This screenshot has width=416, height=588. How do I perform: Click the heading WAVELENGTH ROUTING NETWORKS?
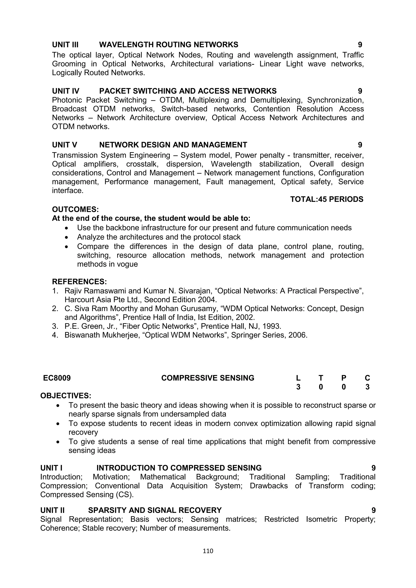click(x=169, y=45)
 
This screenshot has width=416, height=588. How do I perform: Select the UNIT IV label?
click(x=66, y=91)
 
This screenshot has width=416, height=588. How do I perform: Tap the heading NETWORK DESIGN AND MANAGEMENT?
click(x=173, y=145)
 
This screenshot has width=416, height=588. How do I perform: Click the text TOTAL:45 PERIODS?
click(x=327, y=199)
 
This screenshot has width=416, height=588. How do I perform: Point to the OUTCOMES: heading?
click(x=75, y=210)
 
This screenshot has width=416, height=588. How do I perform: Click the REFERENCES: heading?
click(x=79, y=282)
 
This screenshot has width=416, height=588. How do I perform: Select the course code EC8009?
click(x=57, y=378)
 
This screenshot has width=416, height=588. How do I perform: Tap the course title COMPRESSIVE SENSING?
click(x=208, y=378)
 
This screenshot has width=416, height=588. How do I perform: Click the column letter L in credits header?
click(x=298, y=378)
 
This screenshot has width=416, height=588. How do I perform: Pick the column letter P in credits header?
click(x=344, y=378)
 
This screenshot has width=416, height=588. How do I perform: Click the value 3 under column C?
click(x=367, y=387)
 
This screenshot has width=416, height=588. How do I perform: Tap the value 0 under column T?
click(x=321, y=387)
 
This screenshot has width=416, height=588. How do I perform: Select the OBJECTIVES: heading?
click(x=66, y=396)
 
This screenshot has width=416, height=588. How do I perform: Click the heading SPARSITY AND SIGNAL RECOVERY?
click(x=155, y=510)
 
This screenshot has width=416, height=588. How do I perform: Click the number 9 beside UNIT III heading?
click(x=360, y=45)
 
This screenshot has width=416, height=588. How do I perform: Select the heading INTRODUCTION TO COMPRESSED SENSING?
click(x=179, y=468)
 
